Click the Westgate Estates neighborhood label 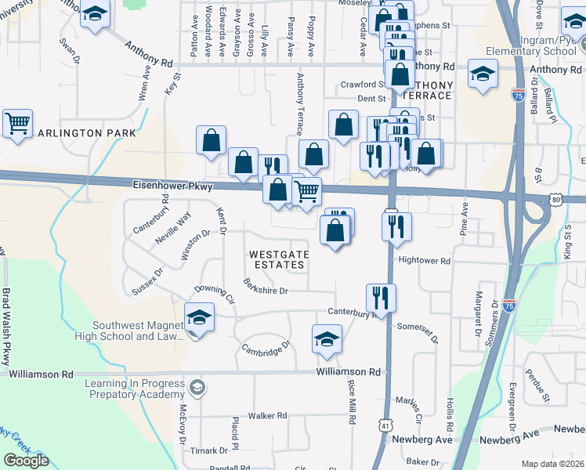coord(279,260)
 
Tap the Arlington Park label coord(79,134)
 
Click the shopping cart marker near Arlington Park coord(17,123)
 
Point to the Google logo coord(26,461)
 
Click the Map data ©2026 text coord(553,464)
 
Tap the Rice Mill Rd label coord(352,402)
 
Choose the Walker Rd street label coord(269,416)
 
